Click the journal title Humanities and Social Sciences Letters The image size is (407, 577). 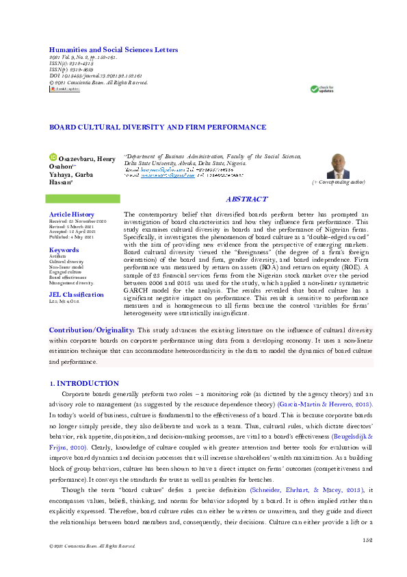coord(113,50)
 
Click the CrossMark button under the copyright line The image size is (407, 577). coord(64,89)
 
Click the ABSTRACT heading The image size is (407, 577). coord(246,199)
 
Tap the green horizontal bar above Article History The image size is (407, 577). coord(82,199)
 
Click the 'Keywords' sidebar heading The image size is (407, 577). coord(64,250)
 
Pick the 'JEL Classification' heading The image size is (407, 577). coord(76,295)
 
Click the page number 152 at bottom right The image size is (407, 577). coord(366,540)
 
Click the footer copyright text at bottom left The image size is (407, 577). coord(88,546)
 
